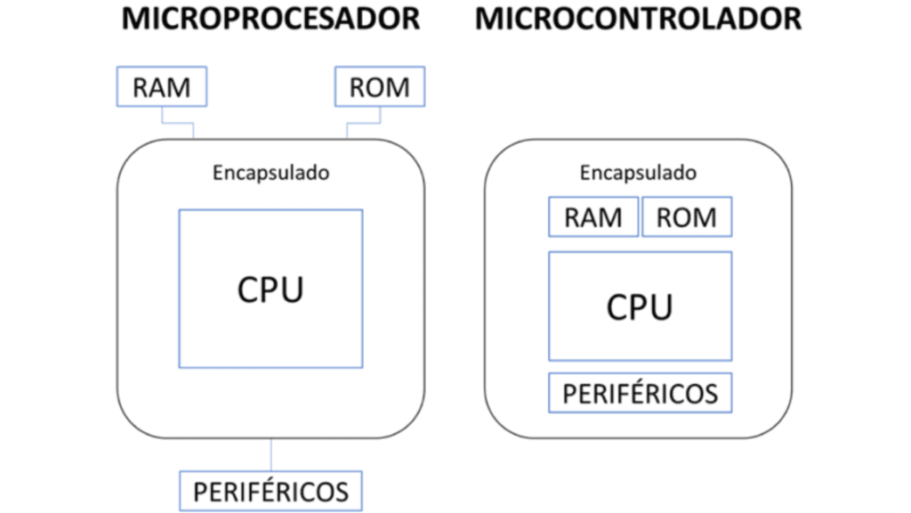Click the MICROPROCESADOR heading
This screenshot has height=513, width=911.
tap(270, 19)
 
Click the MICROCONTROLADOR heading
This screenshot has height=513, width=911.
tap(638, 19)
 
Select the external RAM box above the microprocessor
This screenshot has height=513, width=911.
tap(162, 87)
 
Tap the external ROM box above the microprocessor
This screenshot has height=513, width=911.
tap(379, 87)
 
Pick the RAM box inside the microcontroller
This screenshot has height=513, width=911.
tap(593, 218)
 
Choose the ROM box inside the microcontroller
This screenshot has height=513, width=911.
tap(687, 218)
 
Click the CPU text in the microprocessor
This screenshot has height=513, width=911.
tap(270, 289)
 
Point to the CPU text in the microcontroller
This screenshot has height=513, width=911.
tap(640, 307)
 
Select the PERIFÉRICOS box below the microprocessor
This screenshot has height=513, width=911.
tap(270, 491)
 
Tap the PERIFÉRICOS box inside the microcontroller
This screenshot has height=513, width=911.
tap(640, 393)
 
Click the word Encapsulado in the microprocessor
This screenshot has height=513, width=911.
tap(270, 173)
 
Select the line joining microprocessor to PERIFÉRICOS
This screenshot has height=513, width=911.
tap(270, 454)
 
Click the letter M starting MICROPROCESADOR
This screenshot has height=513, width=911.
tap(135, 19)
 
